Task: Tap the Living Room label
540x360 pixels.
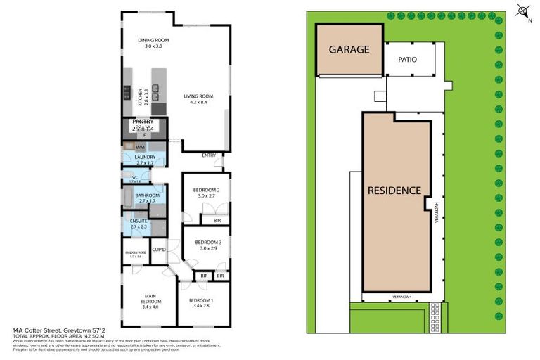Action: [198, 99]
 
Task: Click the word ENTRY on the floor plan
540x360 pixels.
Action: [209, 155]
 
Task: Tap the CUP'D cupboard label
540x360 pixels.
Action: [158, 250]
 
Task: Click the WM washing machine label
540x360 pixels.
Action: [131, 146]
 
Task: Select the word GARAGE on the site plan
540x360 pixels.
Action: [349, 50]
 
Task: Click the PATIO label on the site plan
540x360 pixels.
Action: [408, 60]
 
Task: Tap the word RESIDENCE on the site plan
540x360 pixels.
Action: [394, 191]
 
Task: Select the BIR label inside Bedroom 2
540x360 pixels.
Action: [206, 220]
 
